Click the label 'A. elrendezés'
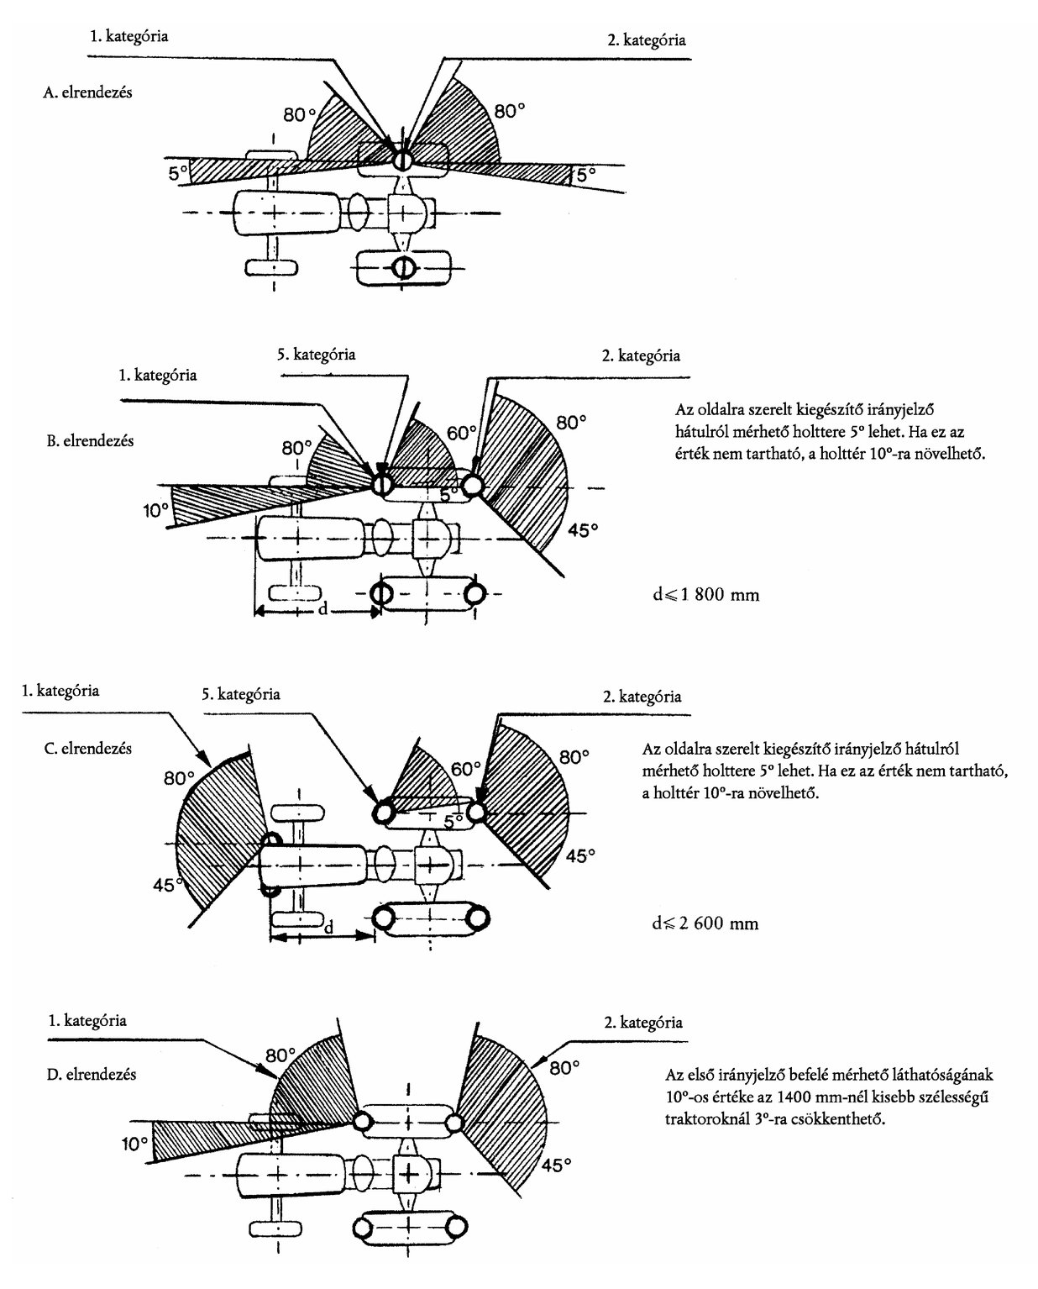[87, 92]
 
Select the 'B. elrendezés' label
[90, 441]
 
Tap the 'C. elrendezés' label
[87, 748]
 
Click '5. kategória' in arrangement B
[316, 354]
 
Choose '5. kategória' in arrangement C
[241, 694]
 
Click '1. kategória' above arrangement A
[128, 36]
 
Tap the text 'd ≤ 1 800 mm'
[705, 595]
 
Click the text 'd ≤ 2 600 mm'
[705, 923]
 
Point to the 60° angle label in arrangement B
[462, 433]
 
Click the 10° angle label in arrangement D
[134, 1144]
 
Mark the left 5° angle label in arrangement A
[178, 174]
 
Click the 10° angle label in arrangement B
[155, 511]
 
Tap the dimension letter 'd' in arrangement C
[328, 928]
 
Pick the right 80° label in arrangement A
[510, 111]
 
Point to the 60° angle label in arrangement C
[466, 769]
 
